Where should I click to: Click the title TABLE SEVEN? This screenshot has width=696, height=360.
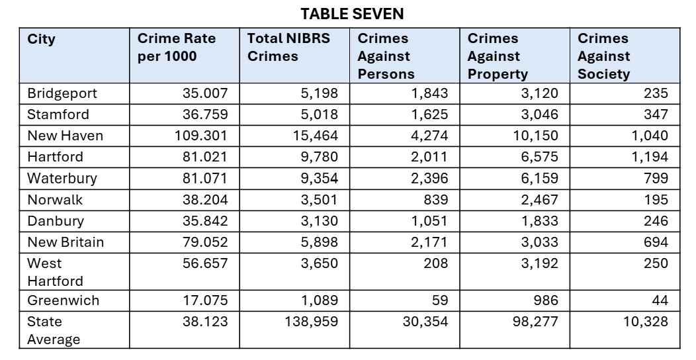click(352, 13)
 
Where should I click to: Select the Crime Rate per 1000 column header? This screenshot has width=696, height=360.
click(176, 48)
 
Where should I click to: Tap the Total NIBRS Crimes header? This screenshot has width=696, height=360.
click(288, 48)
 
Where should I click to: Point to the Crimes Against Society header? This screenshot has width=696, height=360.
click(603, 56)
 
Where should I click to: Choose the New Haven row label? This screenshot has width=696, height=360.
click(65, 136)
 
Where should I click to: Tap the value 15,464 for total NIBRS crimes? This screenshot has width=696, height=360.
click(316, 136)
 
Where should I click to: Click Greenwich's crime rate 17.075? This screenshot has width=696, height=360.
click(205, 300)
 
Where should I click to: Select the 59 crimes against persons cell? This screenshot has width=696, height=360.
click(439, 300)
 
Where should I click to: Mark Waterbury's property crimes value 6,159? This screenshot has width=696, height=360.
click(539, 178)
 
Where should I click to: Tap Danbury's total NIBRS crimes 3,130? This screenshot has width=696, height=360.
click(319, 220)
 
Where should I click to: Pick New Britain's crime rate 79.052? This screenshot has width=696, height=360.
click(205, 242)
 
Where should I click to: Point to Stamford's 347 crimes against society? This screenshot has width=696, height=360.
click(655, 114)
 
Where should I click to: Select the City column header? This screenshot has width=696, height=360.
click(41, 39)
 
